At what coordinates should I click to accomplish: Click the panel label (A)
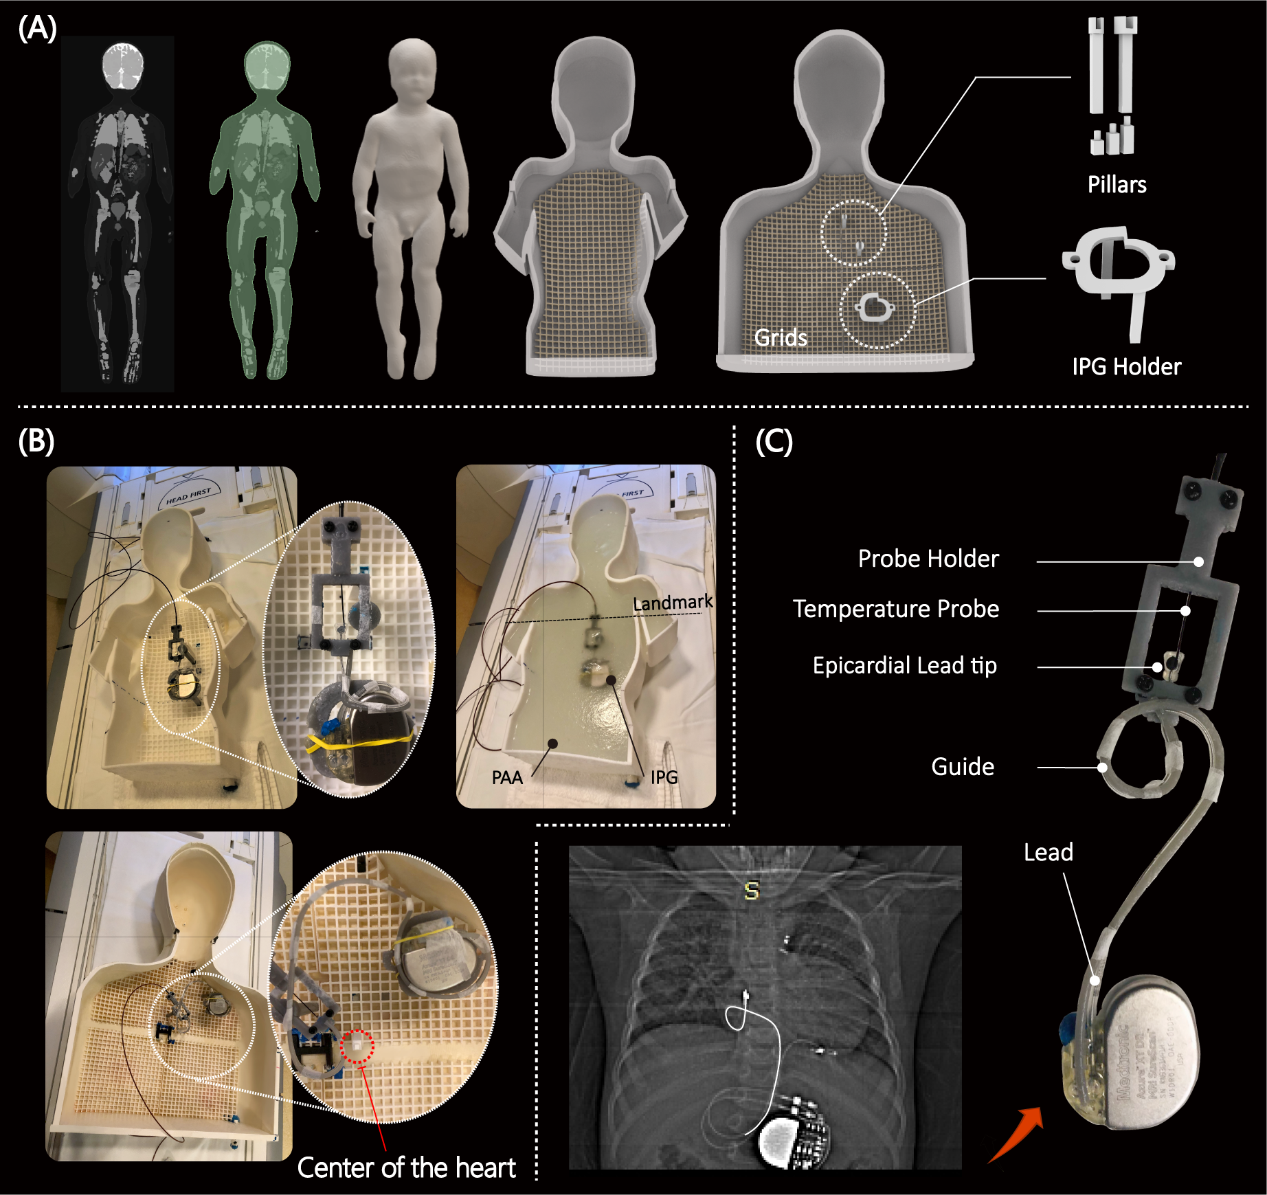tap(37, 29)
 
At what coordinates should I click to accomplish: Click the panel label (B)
tap(36, 441)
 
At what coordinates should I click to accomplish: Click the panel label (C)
tap(774, 441)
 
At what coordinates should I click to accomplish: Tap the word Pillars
tap(1117, 185)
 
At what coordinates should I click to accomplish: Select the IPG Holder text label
tap(1126, 367)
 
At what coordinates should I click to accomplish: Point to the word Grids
tap(781, 337)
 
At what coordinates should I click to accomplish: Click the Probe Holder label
tap(928, 559)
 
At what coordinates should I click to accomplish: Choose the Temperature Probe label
tap(896, 609)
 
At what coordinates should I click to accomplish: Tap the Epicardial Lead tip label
tap(904, 665)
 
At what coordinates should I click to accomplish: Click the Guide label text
tap(962, 766)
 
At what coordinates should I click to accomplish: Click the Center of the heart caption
tap(406, 1168)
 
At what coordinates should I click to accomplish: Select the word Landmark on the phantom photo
tap(672, 603)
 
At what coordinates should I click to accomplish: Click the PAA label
tap(507, 777)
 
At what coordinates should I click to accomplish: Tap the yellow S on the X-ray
tap(752, 891)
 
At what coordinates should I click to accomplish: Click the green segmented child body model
tap(264, 206)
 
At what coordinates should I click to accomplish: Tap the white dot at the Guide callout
tap(1102, 768)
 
